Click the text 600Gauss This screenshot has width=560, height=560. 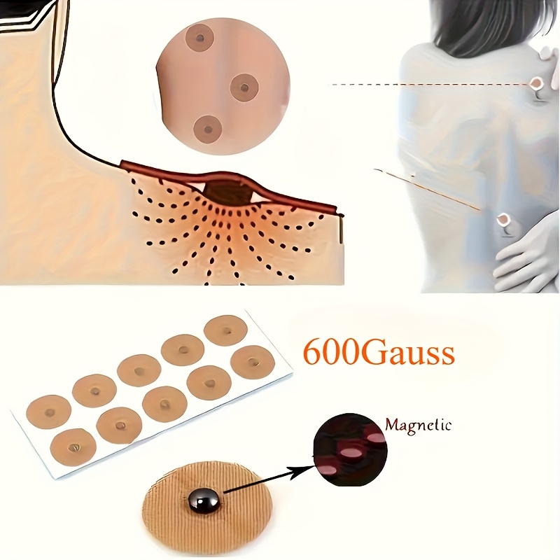tap(379, 353)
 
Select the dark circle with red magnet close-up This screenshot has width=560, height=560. tap(351, 450)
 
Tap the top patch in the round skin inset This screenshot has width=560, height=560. tap(199, 37)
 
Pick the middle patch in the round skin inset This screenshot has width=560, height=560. tap(244, 87)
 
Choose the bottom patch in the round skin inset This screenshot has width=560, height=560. tap(208, 129)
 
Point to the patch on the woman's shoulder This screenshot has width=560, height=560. tap(535, 84)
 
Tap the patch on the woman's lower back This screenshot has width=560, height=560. tap(503, 220)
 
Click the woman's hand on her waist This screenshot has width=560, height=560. tap(525, 255)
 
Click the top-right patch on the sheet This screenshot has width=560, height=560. tap(225, 330)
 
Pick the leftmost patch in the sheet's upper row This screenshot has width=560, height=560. tap(48, 412)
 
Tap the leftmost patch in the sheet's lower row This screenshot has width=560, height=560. tap(73, 445)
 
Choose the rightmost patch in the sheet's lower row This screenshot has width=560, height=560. tap(253, 360)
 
